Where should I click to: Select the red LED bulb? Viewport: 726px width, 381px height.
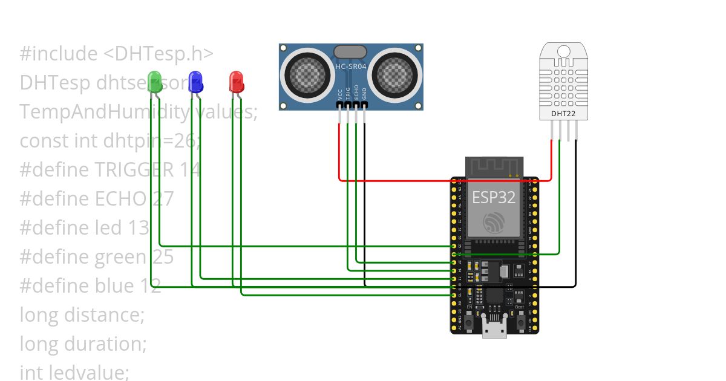click(236, 82)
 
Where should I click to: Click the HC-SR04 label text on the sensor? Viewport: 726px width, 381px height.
click(351, 67)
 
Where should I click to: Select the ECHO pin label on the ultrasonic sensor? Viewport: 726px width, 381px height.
click(356, 92)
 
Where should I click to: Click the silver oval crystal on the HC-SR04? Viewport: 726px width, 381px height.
click(350, 52)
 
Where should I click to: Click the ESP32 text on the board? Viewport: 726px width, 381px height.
click(494, 197)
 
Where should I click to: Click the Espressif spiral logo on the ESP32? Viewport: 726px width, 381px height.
click(494, 223)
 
